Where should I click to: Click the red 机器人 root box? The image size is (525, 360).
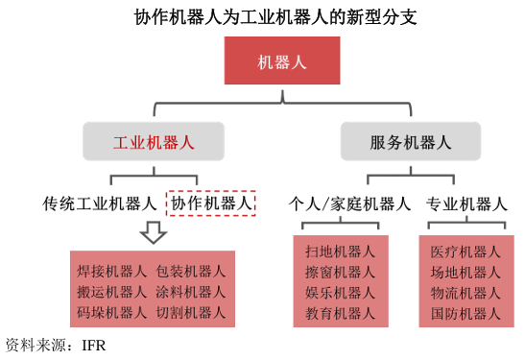coord(282,61)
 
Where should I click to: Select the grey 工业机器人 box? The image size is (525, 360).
coord(154,142)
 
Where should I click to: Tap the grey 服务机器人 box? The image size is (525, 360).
coord(410,142)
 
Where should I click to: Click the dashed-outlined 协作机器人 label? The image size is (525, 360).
coord(212,204)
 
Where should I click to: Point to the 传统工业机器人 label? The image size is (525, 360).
coord(100,204)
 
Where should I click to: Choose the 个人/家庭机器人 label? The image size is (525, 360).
coord(350,204)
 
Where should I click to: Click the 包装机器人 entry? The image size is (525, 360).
coord(191,271)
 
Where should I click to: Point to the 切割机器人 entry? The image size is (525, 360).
coord(191,312)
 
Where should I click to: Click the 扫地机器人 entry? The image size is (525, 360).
coord(341,251)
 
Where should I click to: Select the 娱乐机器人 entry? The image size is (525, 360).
coord(341,293)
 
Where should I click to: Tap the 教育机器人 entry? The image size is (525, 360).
coord(341,314)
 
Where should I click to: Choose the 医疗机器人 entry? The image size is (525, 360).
coord(466,252)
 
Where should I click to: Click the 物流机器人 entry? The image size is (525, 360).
coord(466,293)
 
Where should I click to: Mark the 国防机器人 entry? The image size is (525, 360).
coord(466,314)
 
